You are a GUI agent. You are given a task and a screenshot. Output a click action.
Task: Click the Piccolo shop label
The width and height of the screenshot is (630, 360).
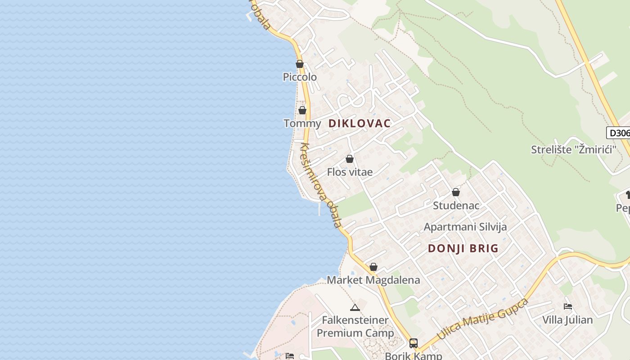coord(300,77)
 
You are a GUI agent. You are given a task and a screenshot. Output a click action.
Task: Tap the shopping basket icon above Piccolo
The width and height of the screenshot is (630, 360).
coord(300,64)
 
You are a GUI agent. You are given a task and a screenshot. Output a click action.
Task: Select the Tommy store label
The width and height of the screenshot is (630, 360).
coord(302,123)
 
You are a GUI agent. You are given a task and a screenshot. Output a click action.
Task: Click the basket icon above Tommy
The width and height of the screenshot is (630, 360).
coord(302,110)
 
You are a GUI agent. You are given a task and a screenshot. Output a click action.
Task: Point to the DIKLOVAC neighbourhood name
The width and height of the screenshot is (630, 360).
coord(360,123)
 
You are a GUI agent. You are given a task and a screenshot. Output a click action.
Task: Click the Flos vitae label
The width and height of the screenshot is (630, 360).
coord(350,172)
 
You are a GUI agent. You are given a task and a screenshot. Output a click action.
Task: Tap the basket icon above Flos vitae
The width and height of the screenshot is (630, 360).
coord(350,159)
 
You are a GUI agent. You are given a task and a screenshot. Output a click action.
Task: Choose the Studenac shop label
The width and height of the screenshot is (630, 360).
coord(456,206)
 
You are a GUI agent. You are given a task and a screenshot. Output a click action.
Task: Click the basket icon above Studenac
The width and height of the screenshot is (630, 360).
coord(456,193)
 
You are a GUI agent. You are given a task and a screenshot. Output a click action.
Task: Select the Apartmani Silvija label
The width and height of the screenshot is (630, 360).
coord(465,227)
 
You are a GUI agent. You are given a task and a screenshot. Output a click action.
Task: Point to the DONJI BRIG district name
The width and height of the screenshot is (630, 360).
coord(463,248)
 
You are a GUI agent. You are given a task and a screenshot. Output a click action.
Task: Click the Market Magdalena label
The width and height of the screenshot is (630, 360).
coord(373,280)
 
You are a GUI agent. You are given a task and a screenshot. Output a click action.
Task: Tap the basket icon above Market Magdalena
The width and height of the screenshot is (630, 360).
coord(373,267)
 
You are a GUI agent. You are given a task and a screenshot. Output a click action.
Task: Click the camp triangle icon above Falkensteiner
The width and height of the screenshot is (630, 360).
coord(355,308)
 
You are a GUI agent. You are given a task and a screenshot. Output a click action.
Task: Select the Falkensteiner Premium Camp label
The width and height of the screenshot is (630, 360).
coord(355,327)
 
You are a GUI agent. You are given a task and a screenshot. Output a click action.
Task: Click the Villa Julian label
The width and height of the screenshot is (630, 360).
coord(567,320)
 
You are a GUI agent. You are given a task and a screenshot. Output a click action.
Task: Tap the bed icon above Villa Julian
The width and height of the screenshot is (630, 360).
coord(568,307)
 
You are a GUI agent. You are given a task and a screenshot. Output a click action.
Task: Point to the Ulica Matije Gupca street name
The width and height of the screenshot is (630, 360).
coord(482,319)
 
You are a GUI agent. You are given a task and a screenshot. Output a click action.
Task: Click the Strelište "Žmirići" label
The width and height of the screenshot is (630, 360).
coord(573,149)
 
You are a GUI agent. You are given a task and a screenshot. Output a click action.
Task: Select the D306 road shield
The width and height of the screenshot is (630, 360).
coord(618,133)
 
